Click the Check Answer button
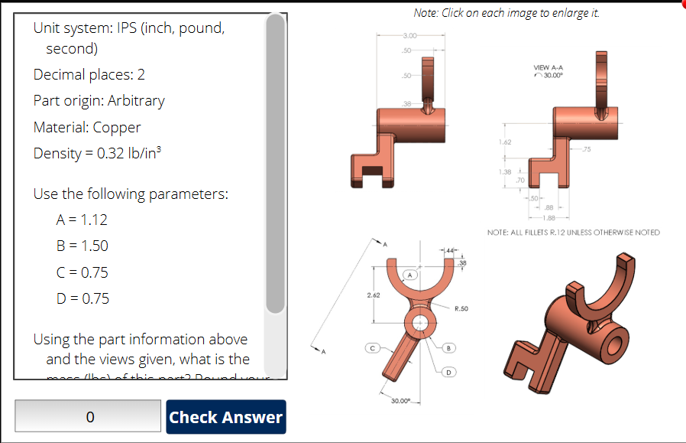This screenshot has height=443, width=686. point(225,417)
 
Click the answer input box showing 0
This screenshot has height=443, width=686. point(88,417)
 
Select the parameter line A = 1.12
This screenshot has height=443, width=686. point(82,220)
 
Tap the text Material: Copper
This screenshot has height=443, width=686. point(87,127)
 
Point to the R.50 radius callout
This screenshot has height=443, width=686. point(461,309)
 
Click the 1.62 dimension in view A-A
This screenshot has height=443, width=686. point(504,142)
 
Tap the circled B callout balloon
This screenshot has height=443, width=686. point(449,348)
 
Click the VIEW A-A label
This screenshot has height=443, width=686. point(548,68)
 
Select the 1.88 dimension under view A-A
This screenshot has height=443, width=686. point(548,217)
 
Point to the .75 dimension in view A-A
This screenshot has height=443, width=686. point(586,149)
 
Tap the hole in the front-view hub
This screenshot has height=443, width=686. point(419,322)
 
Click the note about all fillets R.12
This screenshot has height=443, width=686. point(573,232)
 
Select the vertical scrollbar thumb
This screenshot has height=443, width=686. point(276,164)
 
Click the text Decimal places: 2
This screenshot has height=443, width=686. point(89,74)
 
